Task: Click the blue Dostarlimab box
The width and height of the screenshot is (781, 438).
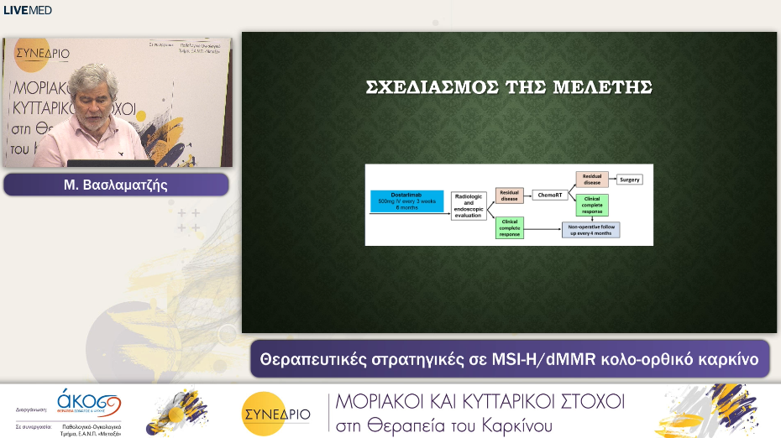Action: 407,201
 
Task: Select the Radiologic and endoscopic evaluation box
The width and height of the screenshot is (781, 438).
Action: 469,205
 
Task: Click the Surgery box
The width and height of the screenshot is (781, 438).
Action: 629,179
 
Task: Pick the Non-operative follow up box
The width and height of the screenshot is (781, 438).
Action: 590,229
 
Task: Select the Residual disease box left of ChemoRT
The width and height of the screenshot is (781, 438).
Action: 509,195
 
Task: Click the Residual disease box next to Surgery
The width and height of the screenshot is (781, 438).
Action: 591,179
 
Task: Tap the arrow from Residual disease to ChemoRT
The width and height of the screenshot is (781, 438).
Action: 527,195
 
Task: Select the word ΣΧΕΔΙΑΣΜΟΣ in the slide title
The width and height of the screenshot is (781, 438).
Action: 422,87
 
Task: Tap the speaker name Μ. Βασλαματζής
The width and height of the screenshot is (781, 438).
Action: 116,185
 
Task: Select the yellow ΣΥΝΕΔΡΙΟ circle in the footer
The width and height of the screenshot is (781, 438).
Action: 274,412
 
